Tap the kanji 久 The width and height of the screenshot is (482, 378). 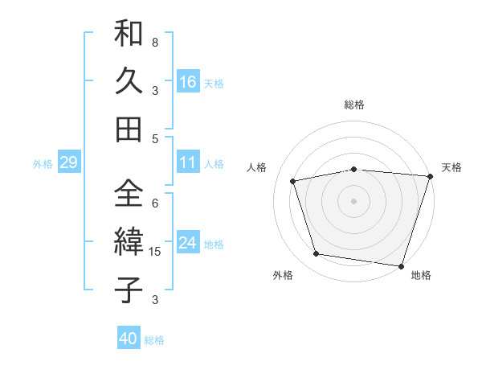point(129,82)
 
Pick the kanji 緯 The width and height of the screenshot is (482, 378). point(129,243)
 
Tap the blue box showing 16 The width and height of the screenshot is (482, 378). point(188,82)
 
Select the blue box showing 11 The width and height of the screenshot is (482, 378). point(188,163)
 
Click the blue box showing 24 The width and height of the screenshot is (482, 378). point(188,244)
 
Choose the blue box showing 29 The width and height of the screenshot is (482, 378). point(68,163)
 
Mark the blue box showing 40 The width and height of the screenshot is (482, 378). point(129,339)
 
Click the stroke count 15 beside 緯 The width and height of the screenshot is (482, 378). point(156,253)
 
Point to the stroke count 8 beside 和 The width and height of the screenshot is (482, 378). point(155,42)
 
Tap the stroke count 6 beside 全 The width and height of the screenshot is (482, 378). point(155,203)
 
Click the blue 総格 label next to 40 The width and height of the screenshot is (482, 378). point(155,340)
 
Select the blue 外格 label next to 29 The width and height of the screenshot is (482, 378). point(43,164)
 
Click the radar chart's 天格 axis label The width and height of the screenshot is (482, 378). point(451,167)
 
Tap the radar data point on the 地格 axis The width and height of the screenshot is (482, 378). point(401,265)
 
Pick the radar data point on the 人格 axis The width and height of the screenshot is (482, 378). point(293,181)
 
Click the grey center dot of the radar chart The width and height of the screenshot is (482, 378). point(353,200)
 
